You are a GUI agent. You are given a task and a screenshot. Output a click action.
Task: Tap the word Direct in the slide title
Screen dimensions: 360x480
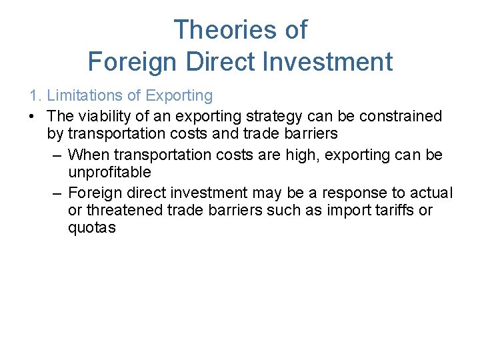(x=213, y=62)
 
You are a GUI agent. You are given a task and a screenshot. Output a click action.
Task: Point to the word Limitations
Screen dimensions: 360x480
(x=82, y=96)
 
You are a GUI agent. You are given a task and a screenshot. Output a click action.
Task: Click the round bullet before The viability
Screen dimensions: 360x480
(x=32, y=116)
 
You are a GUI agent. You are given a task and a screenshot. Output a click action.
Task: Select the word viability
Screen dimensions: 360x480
(x=103, y=116)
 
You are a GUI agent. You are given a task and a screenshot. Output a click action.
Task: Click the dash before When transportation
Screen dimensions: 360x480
(x=57, y=155)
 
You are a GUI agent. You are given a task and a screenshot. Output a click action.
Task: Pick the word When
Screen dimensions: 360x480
(x=87, y=155)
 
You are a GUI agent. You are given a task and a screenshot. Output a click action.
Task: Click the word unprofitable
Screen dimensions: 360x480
(x=109, y=173)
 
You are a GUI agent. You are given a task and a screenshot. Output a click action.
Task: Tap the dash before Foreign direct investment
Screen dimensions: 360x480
(x=57, y=193)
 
